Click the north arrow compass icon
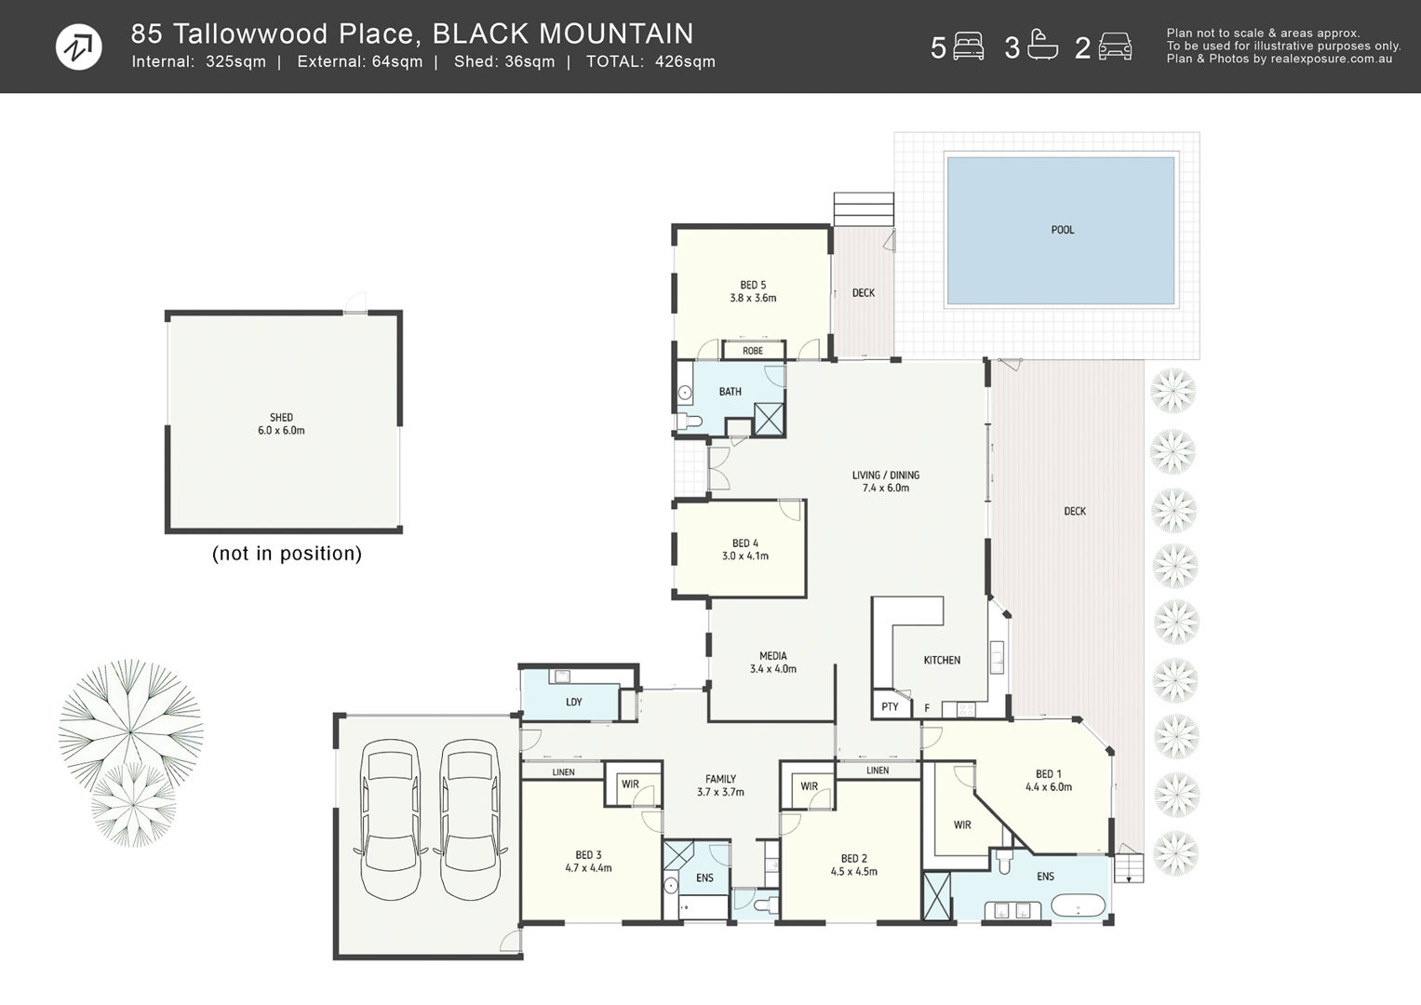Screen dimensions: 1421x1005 [79, 47]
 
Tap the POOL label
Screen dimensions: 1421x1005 [1063, 230]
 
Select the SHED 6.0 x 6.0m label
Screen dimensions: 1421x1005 [281, 423]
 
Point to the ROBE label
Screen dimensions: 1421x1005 [753, 351]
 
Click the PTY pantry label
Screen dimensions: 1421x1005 [890, 707]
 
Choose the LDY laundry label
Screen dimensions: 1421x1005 [574, 702]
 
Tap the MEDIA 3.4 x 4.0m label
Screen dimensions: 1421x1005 [773, 662]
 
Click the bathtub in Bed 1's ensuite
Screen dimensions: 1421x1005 [1079, 905]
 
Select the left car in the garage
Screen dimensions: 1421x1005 [391, 820]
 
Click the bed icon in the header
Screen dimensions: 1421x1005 [968, 47]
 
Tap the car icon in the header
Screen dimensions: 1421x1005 [1115, 47]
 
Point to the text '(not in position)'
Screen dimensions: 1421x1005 [287, 554]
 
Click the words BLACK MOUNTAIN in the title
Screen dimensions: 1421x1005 [563, 33]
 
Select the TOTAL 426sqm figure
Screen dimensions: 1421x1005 [650, 61]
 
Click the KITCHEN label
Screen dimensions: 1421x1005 [942, 661]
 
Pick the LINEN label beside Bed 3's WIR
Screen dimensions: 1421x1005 [563, 772]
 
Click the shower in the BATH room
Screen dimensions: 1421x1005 [769, 419]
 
